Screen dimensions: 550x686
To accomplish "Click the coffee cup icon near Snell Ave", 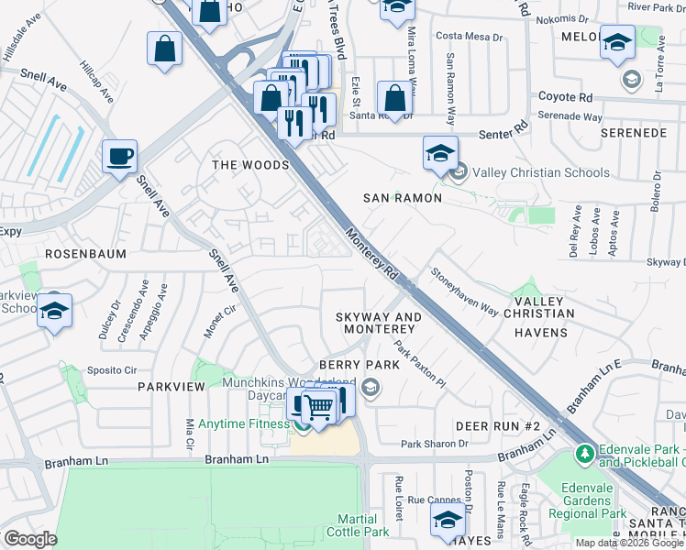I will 119,155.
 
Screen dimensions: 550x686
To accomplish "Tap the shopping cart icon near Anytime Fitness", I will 318,405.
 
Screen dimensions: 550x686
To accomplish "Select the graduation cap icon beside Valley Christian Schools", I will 440,152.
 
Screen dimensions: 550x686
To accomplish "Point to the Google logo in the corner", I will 29,539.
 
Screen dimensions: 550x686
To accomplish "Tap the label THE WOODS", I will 250,165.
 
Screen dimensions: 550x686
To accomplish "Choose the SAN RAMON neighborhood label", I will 403,198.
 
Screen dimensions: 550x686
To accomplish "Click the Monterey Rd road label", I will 371,254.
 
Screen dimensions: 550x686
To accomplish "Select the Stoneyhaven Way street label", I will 465,292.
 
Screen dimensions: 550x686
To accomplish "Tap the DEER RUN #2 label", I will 498,427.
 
